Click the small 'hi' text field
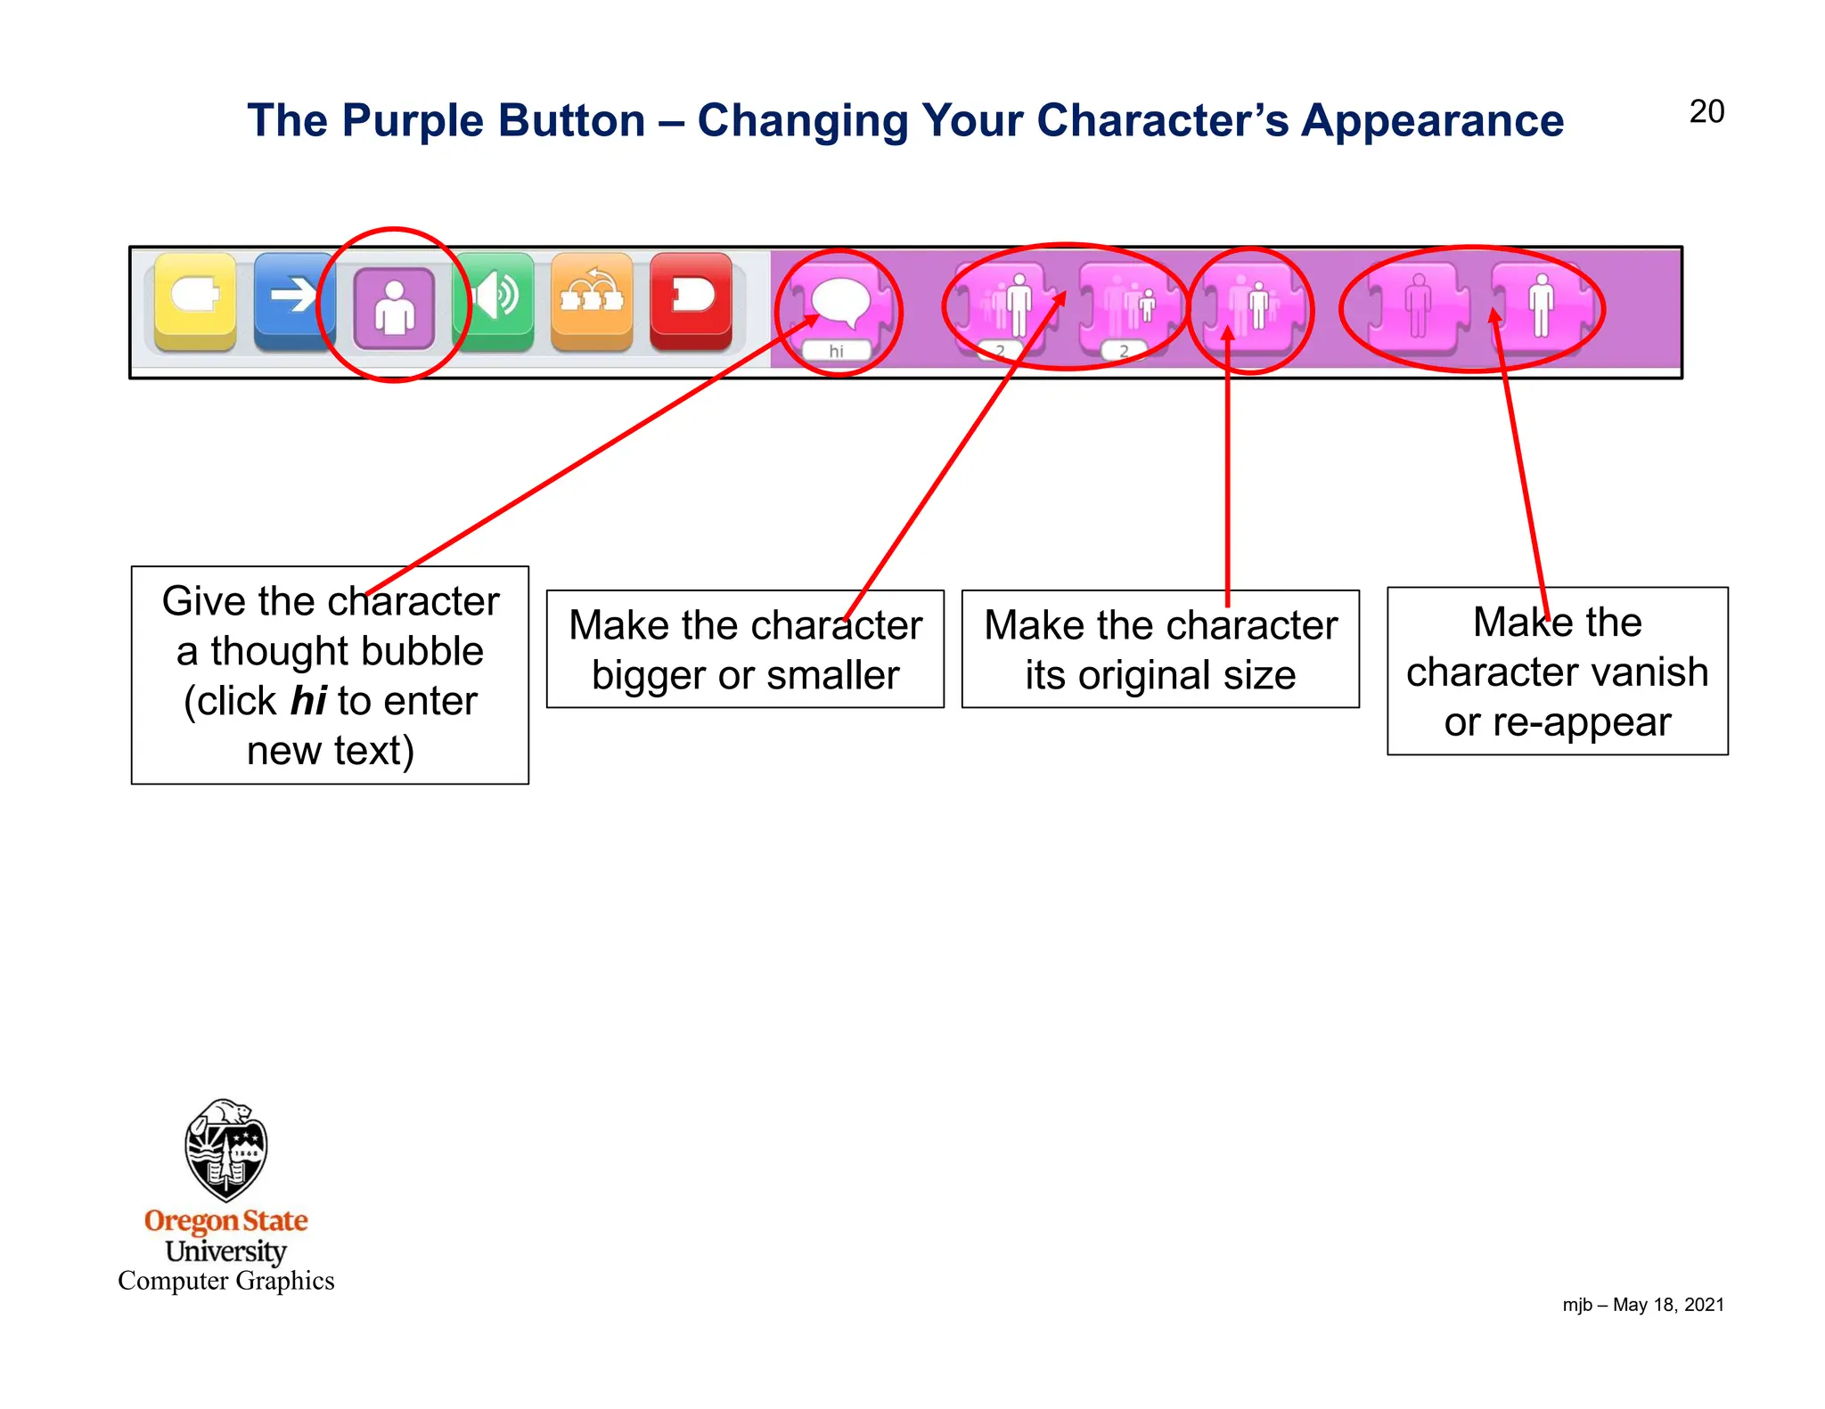click(x=836, y=351)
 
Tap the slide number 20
click(x=1706, y=112)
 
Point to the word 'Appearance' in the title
click(x=1432, y=121)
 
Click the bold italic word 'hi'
click(x=308, y=701)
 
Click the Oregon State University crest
click(x=226, y=1149)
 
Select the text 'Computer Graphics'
click(x=226, y=1281)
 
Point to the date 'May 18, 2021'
click(x=1668, y=1305)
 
